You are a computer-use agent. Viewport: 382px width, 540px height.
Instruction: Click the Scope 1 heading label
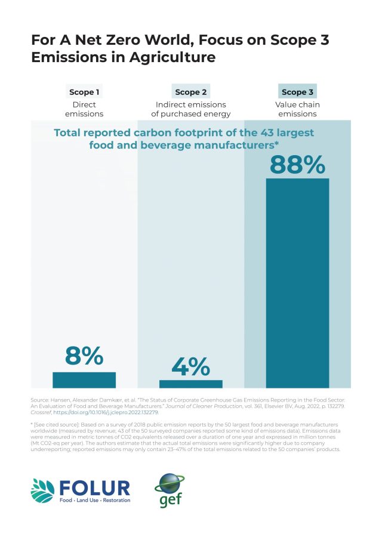coord(84,92)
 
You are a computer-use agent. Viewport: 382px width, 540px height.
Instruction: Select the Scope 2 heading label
coord(191,92)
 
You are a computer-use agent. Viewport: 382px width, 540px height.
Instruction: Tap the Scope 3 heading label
coord(297,92)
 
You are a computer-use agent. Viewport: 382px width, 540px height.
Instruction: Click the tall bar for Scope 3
coord(297,283)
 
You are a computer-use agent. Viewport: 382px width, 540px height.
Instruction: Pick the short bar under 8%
coord(84,379)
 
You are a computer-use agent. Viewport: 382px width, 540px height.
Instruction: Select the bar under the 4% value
coord(190,384)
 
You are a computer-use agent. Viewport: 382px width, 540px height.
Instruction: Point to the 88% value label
coord(297,164)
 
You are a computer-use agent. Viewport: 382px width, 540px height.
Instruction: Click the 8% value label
coord(84,356)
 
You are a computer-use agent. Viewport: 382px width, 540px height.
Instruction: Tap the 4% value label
coord(191,366)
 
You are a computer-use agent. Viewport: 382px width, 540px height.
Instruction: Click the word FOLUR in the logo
coord(94,486)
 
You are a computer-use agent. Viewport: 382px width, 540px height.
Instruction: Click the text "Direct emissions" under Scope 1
coord(84,109)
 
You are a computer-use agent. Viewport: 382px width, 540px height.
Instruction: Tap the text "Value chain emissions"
coord(297,109)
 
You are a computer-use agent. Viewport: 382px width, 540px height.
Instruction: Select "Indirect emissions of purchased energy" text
coord(191,109)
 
